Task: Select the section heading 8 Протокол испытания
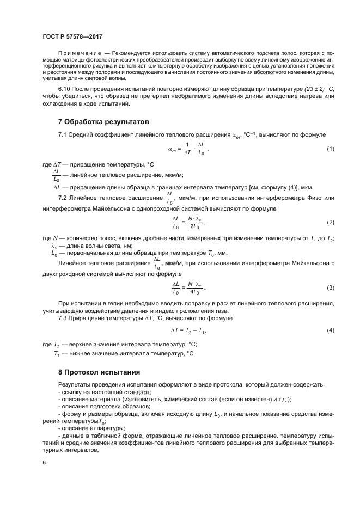[x=100, y=372]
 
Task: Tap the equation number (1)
[x=330, y=149]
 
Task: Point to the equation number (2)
[x=330, y=222]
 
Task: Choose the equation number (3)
[x=330, y=287]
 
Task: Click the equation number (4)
[x=330, y=330]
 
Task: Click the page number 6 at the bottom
[x=44, y=463]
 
